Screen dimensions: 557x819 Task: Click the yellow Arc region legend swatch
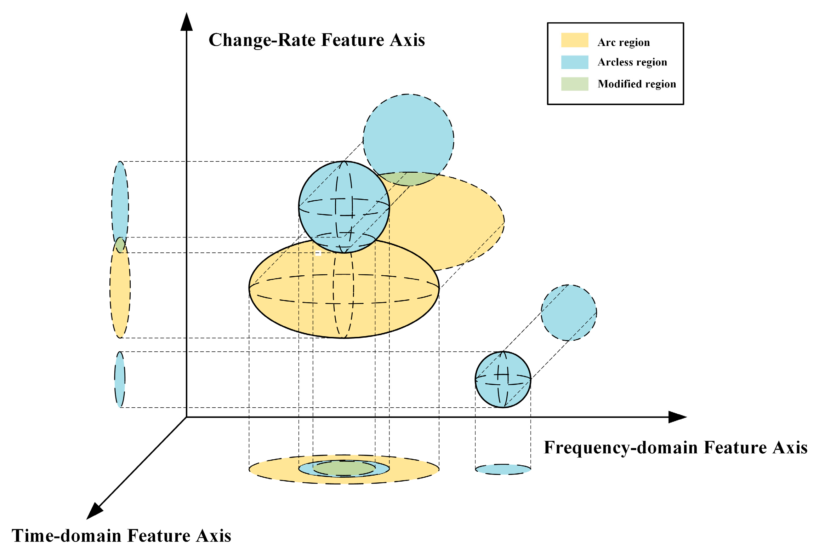(x=574, y=40)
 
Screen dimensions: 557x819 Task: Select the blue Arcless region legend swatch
(x=574, y=62)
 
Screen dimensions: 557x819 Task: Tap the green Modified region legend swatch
(x=574, y=84)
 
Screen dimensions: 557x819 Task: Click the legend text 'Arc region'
(x=624, y=42)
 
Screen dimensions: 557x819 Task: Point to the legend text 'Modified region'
(x=637, y=84)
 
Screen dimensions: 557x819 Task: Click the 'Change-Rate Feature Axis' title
(x=317, y=40)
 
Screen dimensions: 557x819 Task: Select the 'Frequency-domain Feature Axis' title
(x=676, y=447)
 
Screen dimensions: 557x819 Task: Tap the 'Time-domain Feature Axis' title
(x=121, y=536)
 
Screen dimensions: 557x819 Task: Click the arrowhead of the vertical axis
(x=187, y=22)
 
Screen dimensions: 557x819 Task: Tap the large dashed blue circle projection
(x=408, y=134)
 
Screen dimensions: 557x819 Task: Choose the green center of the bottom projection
(x=344, y=468)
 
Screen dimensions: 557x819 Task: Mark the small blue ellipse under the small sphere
(x=503, y=469)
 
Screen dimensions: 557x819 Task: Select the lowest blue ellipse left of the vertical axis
(x=120, y=379)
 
